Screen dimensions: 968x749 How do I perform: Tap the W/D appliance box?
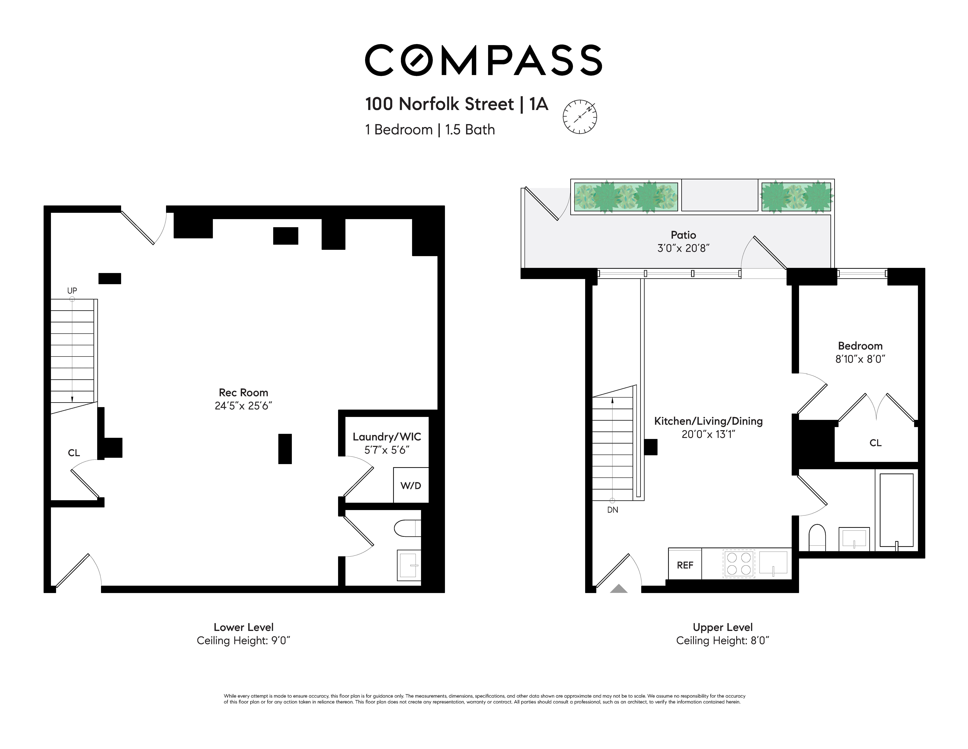pos(411,485)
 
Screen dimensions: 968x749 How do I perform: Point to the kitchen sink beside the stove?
pos(773,563)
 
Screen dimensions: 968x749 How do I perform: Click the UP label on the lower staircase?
pos(72,290)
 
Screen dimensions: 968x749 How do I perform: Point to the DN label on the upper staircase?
pos(613,510)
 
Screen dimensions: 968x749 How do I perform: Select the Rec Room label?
pos(243,392)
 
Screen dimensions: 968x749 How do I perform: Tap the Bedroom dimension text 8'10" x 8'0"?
pos(860,359)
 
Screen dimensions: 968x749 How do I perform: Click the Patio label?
pos(683,235)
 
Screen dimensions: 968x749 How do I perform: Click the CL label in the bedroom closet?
pos(875,442)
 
